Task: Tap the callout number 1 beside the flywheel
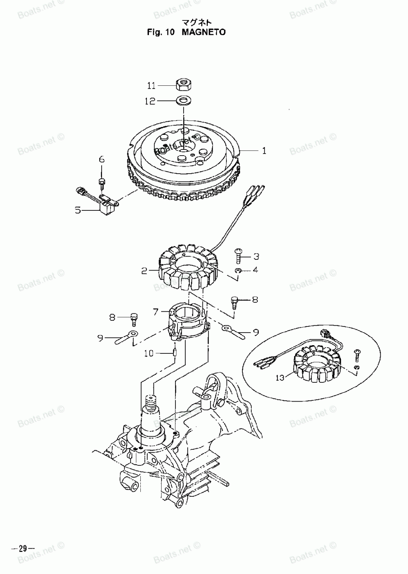pos(264,151)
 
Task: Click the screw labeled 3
pos(238,256)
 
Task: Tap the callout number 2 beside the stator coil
pos(144,270)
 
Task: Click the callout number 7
pos(155,312)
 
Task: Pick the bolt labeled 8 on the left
pos(134,317)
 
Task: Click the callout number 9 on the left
pos(100,337)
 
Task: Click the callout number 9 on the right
pos(256,333)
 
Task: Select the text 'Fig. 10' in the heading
pos(161,32)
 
